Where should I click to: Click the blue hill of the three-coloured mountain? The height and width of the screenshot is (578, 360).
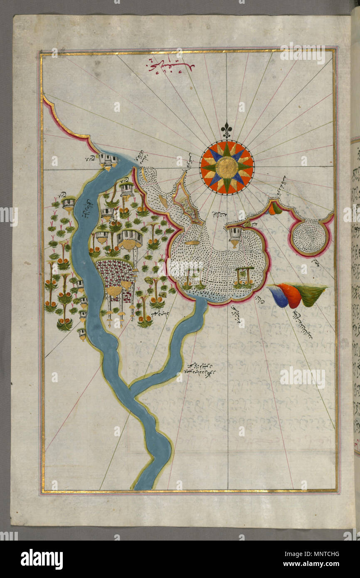(277, 296)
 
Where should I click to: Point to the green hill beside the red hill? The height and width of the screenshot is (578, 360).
(311, 294)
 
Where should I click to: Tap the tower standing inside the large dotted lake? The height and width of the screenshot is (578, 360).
(235, 236)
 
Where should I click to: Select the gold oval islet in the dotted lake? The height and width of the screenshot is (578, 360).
(193, 242)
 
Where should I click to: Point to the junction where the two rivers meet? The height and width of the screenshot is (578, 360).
(132, 389)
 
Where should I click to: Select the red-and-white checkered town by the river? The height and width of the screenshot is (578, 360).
(116, 274)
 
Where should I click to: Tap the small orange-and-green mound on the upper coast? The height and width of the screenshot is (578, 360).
(274, 208)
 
